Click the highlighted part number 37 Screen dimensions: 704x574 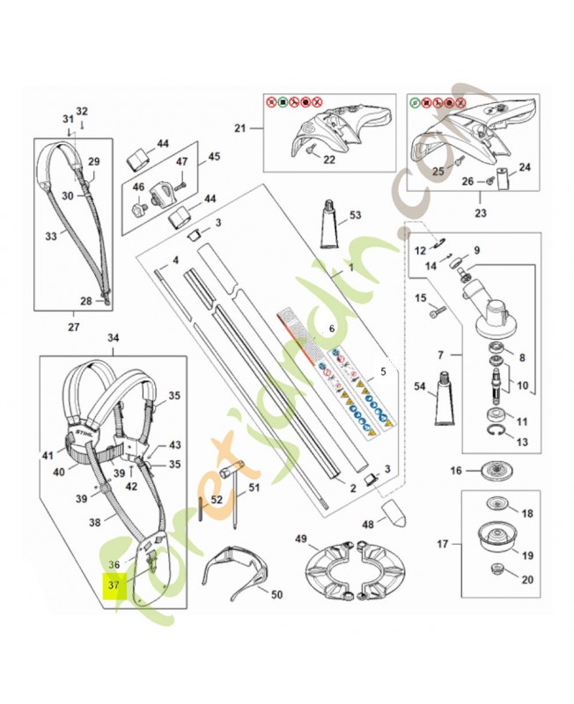(114, 585)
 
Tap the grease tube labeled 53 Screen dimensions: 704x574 (329, 227)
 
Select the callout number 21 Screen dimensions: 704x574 (239, 128)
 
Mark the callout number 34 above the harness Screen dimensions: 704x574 (113, 338)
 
